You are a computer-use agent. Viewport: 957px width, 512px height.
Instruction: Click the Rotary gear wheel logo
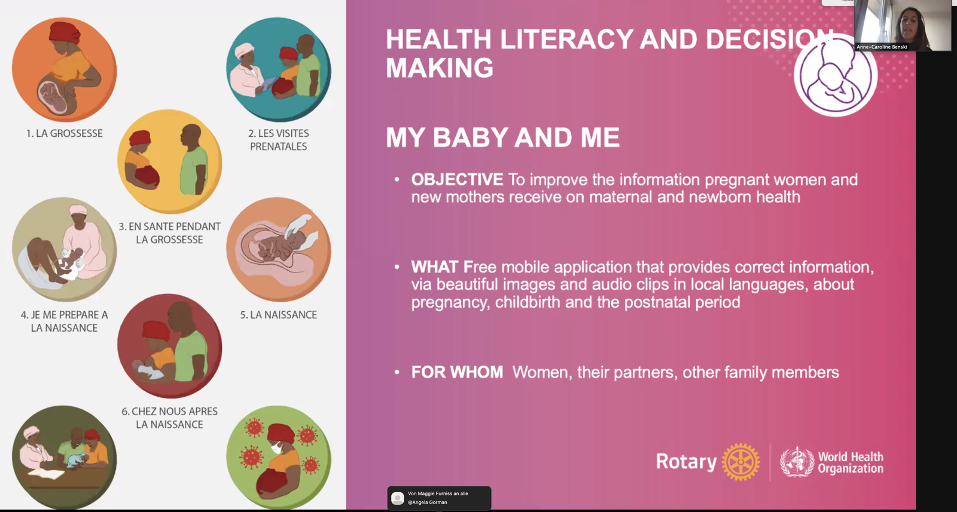[740, 462]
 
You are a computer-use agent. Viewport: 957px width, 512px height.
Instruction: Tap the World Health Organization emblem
[797, 462]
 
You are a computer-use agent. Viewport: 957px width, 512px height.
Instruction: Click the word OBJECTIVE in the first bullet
[457, 180]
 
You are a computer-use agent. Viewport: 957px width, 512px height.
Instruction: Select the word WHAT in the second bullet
[434, 267]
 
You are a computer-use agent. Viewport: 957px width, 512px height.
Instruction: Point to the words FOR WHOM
[457, 372]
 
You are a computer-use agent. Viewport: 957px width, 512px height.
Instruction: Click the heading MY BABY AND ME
[502, 137]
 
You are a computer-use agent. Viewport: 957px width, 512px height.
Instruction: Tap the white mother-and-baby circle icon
[835, 75]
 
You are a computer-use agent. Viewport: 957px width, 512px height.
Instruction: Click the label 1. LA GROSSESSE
[65, 134]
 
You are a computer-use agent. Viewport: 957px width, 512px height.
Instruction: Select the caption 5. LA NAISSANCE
[279, 315]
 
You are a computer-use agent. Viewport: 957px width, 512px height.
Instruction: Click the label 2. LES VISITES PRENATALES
[279, 140]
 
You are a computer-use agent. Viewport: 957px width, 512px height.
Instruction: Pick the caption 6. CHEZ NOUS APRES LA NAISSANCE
[170, 418]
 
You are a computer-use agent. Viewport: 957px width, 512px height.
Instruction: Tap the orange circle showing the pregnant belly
[65, 69]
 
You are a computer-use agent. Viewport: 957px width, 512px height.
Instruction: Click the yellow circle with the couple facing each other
[170, 161]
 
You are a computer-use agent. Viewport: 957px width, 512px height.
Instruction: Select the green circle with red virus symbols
[279, 458]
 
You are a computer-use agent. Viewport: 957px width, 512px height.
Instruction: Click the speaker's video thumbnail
[903, 26]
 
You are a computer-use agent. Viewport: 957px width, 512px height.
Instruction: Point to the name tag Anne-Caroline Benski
[882, 47]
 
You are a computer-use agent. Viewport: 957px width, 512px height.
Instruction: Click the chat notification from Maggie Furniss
[439, 498]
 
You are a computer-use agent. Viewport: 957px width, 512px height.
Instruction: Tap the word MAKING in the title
[440, 68]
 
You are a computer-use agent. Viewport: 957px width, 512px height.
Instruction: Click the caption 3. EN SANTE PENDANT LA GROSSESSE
[170, 233]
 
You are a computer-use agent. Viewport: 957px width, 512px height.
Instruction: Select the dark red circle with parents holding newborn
[170, 346]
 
